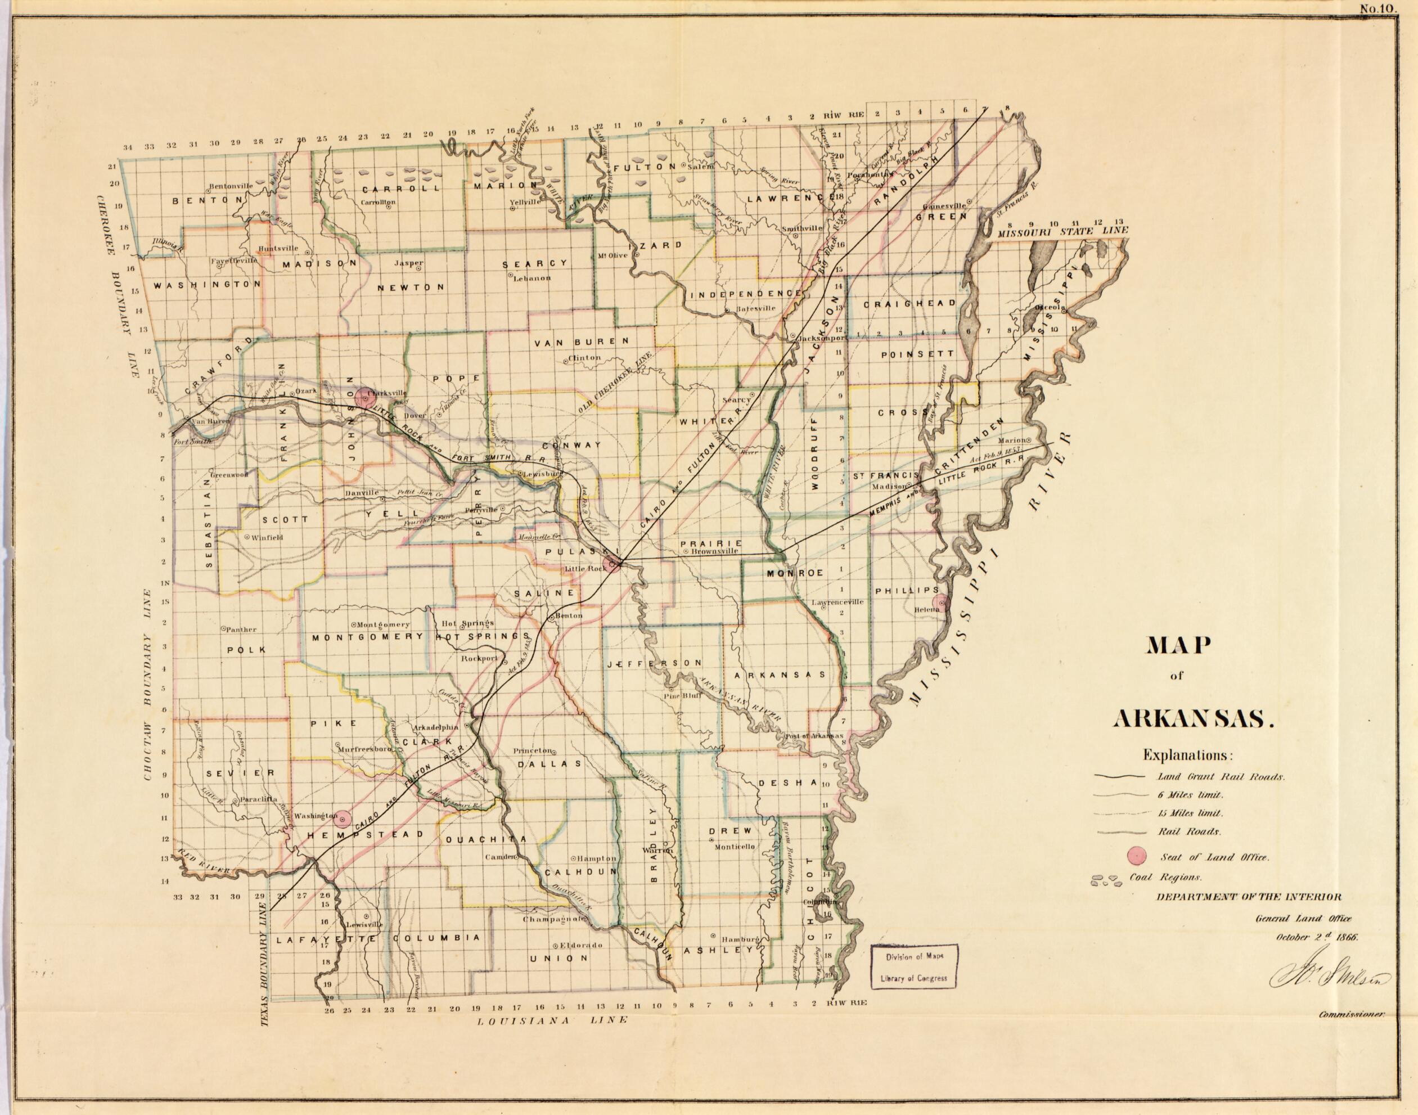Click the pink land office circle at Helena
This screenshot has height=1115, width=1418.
[x=940, y=602]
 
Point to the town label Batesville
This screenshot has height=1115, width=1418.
[x=755, y=308]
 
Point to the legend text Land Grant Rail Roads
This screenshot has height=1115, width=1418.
[x=1221, y=777]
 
